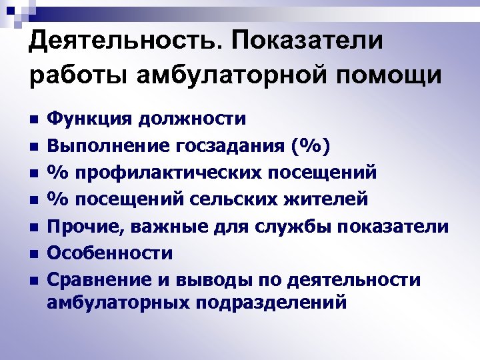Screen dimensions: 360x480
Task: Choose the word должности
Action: [189, 119]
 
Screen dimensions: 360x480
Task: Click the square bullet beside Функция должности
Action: [33, 121]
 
